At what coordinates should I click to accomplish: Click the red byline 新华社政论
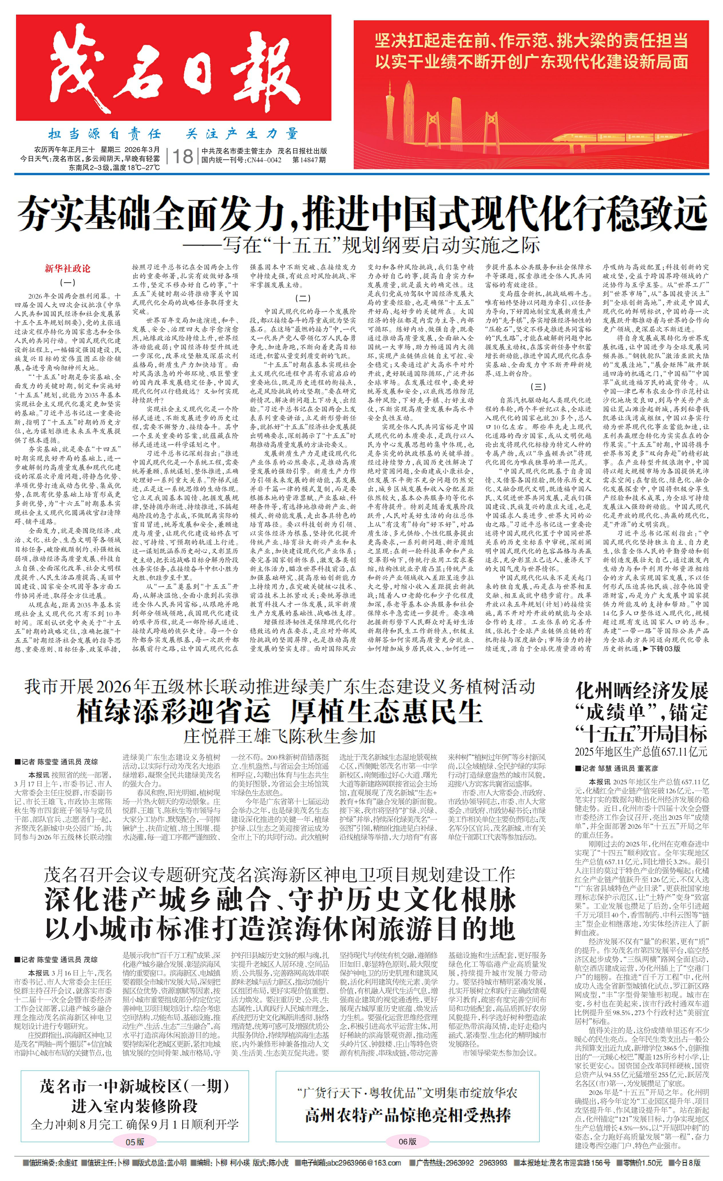pyautogui.click(x=68, y=268)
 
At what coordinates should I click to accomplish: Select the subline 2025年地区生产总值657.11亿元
pyautogui.click(x=641, y=752)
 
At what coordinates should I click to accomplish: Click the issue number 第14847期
pyautogui.click(x=309, y=160)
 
